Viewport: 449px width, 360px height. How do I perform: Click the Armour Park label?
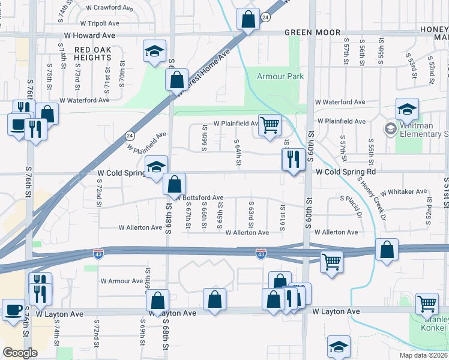pyautogui.click(x=280, y=76)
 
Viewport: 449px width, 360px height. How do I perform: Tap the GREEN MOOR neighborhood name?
pyautogui.click(x=312, y=32)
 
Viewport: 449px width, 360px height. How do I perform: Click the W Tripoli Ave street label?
pyautogui.click(x=111, y=23)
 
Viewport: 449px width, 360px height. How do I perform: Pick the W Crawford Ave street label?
pyautogui.click(x=110, y=8)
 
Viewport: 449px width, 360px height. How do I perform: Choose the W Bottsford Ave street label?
pyautogui.click(x=199, y=197)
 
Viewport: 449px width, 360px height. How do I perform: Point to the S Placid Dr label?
pyautogui.click(x=351, y=207)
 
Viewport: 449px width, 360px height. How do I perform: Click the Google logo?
pyautogui.click(x=20, y=353)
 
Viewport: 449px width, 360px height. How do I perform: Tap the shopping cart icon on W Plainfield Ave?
pyautogui.click(x=270, y=125)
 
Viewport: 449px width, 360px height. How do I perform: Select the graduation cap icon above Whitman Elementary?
pyautogui.click(x=407, y=109)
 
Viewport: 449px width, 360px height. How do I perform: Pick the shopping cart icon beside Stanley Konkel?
pyautogui.click(x=427, y=303)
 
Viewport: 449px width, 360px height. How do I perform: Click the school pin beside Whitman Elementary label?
pyautogui.click(x=391, y=128)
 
